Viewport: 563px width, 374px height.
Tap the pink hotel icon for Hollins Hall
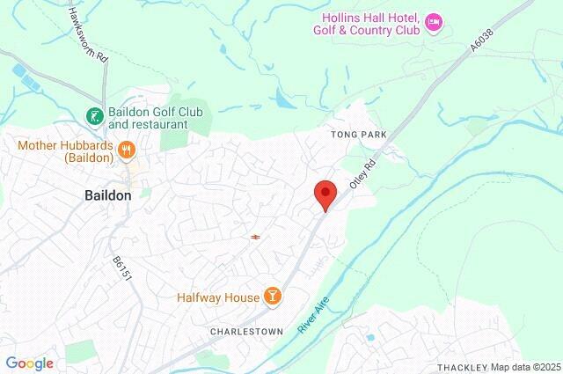point(433,22)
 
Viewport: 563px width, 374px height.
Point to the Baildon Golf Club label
point(149,119)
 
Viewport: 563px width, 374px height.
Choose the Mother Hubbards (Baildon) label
point(63,150)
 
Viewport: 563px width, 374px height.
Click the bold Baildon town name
point(108,194)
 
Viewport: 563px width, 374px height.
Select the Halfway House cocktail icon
point(273,297)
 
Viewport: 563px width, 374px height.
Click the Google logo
point(29,363)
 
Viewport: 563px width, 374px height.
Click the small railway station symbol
point(255,236)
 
